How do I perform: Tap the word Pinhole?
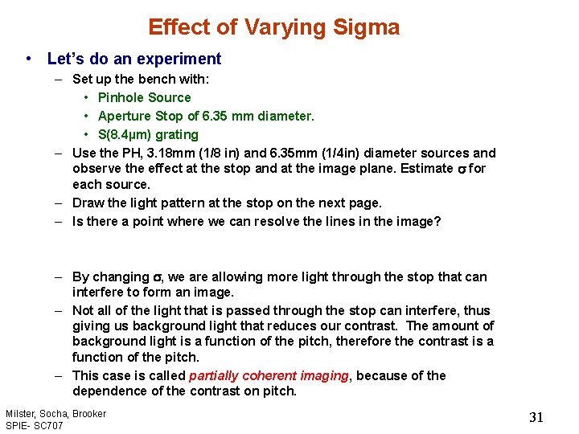[121, 97]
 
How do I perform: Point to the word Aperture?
[127, 116]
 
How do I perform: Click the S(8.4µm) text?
[125, 134]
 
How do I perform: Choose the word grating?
[177, 134]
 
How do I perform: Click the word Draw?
[88, 203]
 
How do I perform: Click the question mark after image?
[437, 221]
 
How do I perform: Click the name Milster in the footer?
[19, 413]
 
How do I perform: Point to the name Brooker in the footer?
[88, 413]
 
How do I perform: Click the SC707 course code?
[47, 424]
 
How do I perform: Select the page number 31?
[536, 417]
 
